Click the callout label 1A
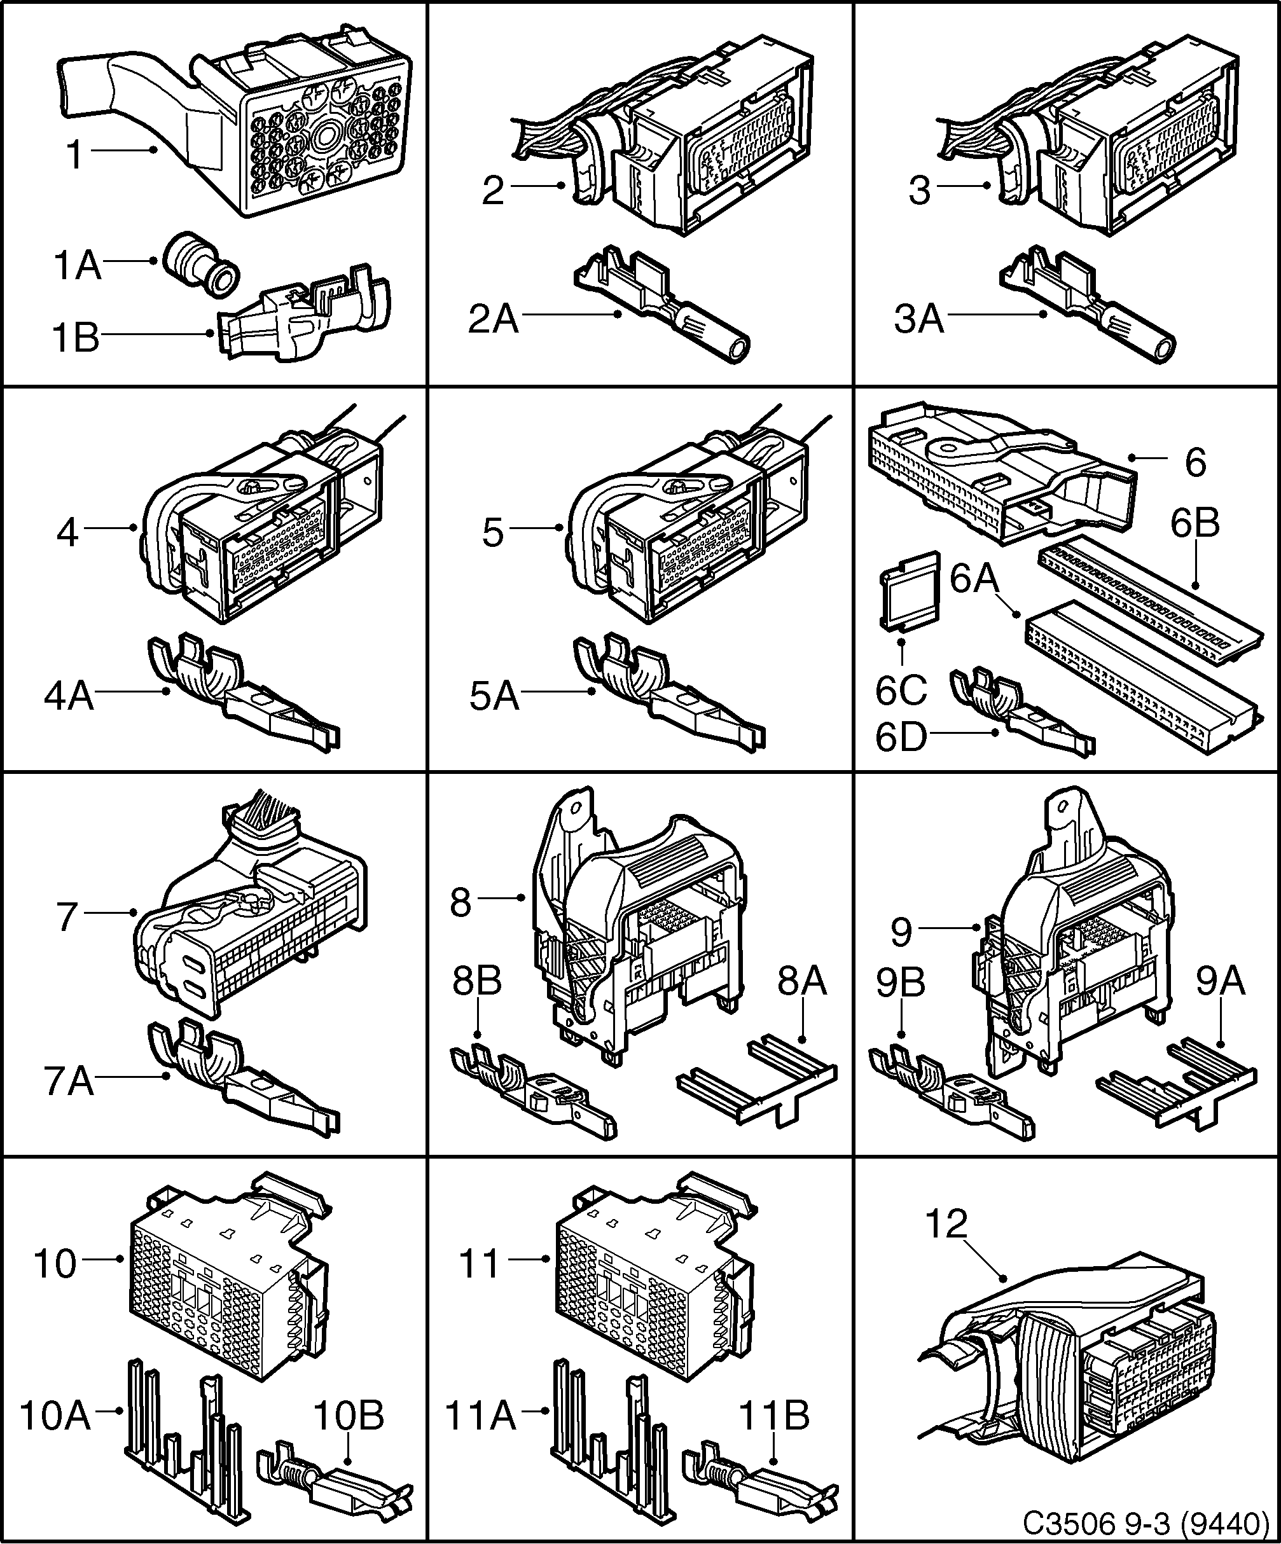click(x=76, y=265)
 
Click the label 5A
click(x=494, y=696)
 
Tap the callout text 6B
click(x=1195, y=523)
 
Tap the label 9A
click(x=1221, y=982)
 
